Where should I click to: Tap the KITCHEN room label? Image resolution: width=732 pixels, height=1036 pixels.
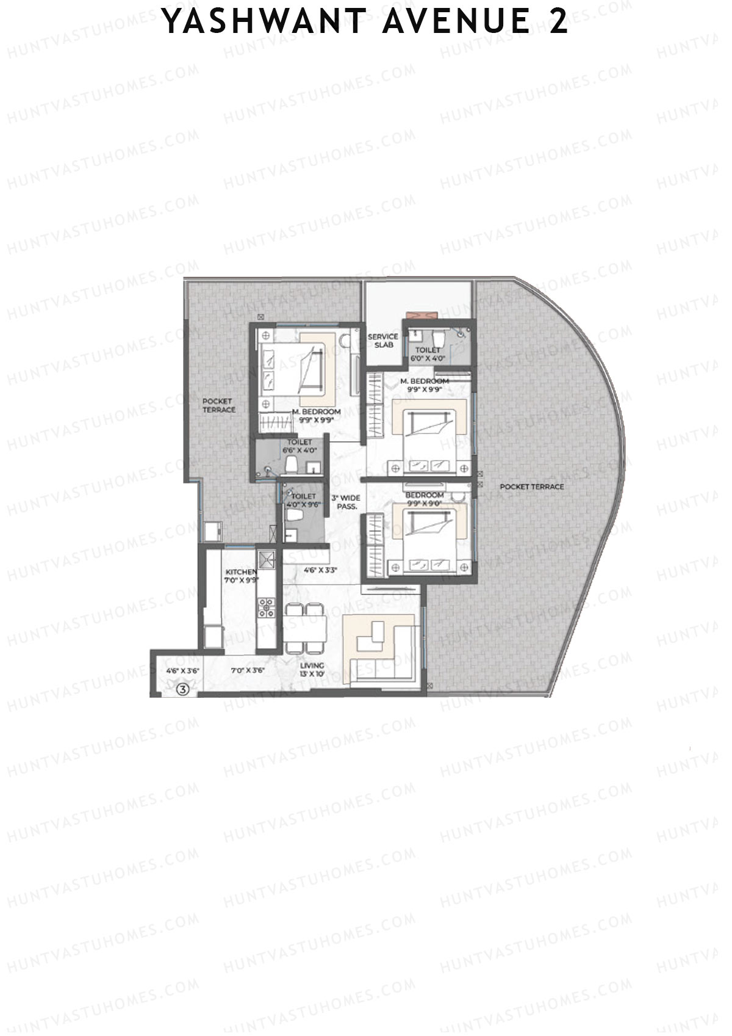click(241, 576)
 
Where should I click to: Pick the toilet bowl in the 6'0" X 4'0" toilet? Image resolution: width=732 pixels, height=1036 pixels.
click(439, 335)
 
